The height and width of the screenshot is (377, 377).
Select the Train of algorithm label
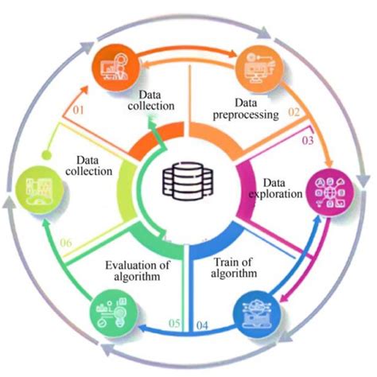click(x=238, y=268)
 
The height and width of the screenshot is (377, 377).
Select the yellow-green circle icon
click(x=38, y=188)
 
